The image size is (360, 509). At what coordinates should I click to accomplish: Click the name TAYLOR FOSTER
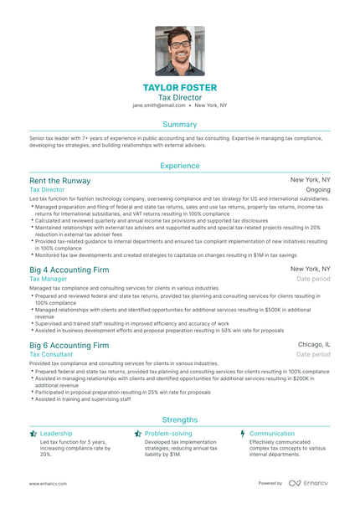[179, 88]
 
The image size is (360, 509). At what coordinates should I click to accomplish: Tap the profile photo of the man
[179, 50]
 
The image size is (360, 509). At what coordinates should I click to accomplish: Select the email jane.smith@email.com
[159, 106]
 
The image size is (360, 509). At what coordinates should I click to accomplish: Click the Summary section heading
[179, 124]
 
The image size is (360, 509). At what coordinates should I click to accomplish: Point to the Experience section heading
[179, 166]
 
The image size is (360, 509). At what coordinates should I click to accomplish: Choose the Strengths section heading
[179, 419]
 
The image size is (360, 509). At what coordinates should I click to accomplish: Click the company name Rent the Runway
[59, 181]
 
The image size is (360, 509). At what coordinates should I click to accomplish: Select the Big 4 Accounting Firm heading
[69, 270]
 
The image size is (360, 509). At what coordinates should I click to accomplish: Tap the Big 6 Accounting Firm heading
[69, 345]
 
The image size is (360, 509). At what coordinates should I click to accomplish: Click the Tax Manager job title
[48, 279]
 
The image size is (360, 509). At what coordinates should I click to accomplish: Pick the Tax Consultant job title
[51, 354]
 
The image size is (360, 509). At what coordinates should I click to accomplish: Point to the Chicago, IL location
[315, 344]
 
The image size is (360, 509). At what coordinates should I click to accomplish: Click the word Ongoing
[318, 190]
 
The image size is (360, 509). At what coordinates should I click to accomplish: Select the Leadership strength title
[56, 434]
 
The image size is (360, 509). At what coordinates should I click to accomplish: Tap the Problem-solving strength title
[167, 434]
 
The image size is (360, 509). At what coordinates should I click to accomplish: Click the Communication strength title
[272, 434]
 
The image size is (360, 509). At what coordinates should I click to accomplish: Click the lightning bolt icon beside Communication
[242, 434]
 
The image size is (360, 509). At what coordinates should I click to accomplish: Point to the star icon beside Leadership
[33, 434]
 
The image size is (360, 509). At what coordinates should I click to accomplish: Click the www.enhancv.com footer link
[48, 483]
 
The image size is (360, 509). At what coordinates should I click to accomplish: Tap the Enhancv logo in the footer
[310, 483]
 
